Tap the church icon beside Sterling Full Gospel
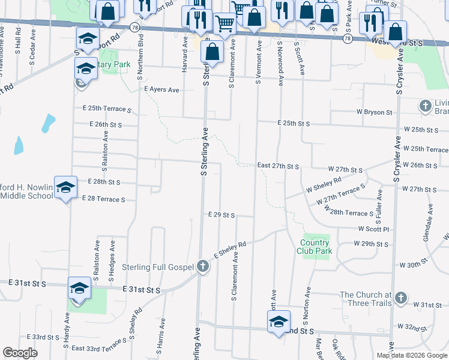(203, 266)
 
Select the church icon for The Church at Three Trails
(401, 298)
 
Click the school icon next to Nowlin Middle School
(65, 187)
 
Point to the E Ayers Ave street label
(162, 89)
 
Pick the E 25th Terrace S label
(107, 109)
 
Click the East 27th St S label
(278, 166)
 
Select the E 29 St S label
(221, 214)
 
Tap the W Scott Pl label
(374, 229)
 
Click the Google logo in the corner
(20, 353)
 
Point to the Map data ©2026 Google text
(412, 355)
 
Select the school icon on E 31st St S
(79, 288)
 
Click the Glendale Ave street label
(429, 221)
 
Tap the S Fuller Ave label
(379, 203)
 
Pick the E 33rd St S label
(38, 337)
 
